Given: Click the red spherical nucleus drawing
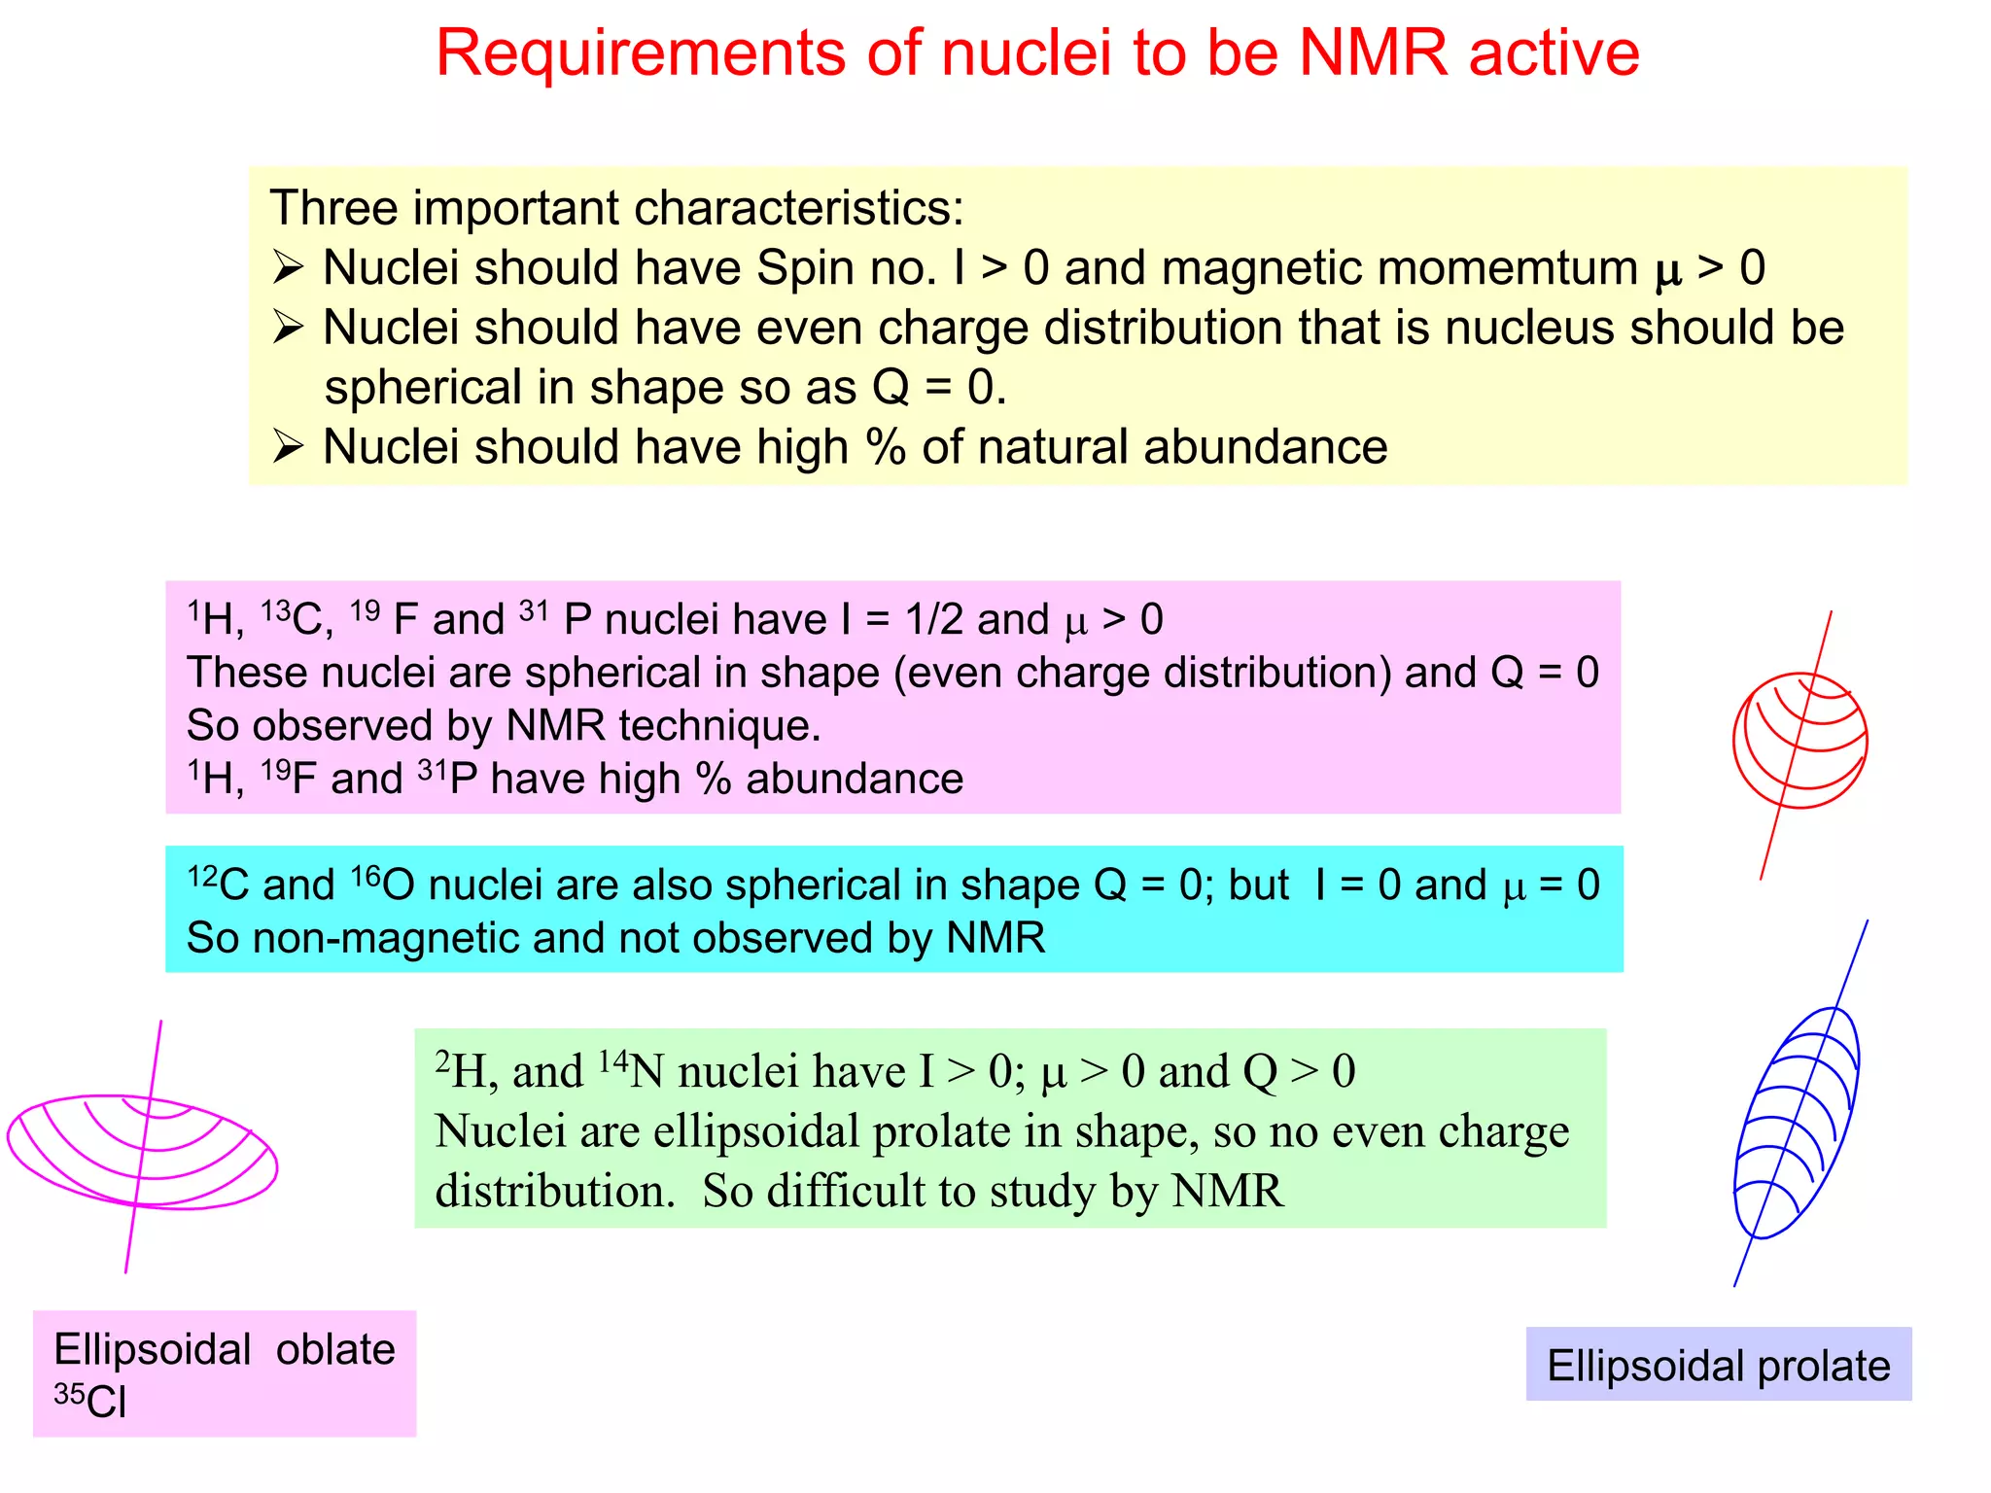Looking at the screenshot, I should (x=1799, y=741).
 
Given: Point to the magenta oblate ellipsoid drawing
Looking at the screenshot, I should (x=142, y=1151).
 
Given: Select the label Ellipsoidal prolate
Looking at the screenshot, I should (x=1718, y=1366).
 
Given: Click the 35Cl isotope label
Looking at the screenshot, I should (x=89, y=1401).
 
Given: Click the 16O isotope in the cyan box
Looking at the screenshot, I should (x=381, y=885).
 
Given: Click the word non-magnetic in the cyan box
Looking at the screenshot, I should (x=389, y=939).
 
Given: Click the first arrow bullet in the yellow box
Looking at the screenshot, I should (x=289, y=267).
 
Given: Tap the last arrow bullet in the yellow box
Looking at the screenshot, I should (x=289, y=447).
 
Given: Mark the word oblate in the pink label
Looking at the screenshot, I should (x=335, y=1349).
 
